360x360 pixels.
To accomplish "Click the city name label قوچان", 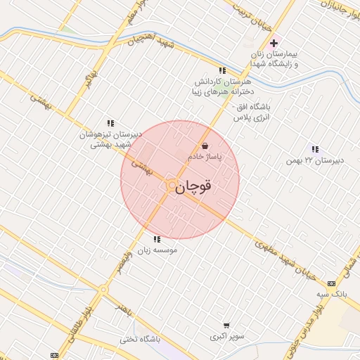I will point(193,187).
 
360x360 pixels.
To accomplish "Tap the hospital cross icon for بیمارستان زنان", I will point(274,44).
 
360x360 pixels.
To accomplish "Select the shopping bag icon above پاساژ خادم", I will point(204,146).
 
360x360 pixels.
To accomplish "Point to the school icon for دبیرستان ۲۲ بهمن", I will point(314,149).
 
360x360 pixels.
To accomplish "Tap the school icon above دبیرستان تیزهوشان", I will point(110,123).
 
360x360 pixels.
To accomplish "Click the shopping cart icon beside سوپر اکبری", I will point(226,326).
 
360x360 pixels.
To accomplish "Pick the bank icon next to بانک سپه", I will point(331,283).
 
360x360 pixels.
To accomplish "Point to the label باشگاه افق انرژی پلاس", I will point(257,112).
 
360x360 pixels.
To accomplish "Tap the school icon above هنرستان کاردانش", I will point(222,70).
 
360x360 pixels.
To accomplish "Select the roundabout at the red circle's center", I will point(172,185).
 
